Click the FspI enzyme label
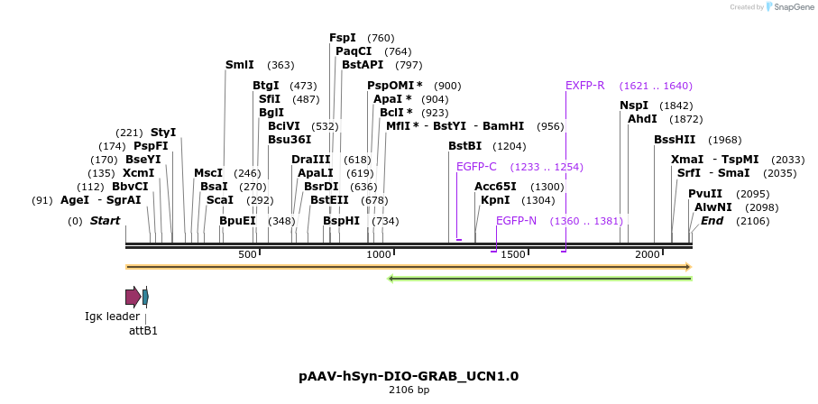tap(343, 38)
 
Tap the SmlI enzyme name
tap(240, 65)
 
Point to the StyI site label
tap(163, 133)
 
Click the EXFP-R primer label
tap(585, 86)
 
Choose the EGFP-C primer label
tap(476, 167)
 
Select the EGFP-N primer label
tap(516, 221)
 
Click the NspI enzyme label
tap(634, 106)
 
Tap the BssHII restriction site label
tap(675, 140)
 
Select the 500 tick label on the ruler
tap(248, 255)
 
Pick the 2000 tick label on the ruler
tap(648, 255)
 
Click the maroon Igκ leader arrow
tap(133, 297)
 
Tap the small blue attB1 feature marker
tap(145, 297)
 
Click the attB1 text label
tap(143, 331)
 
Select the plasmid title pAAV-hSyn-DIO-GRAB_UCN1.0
tap(409, 376)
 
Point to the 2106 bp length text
tap(409, 390)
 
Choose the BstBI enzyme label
tap(465, 146)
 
